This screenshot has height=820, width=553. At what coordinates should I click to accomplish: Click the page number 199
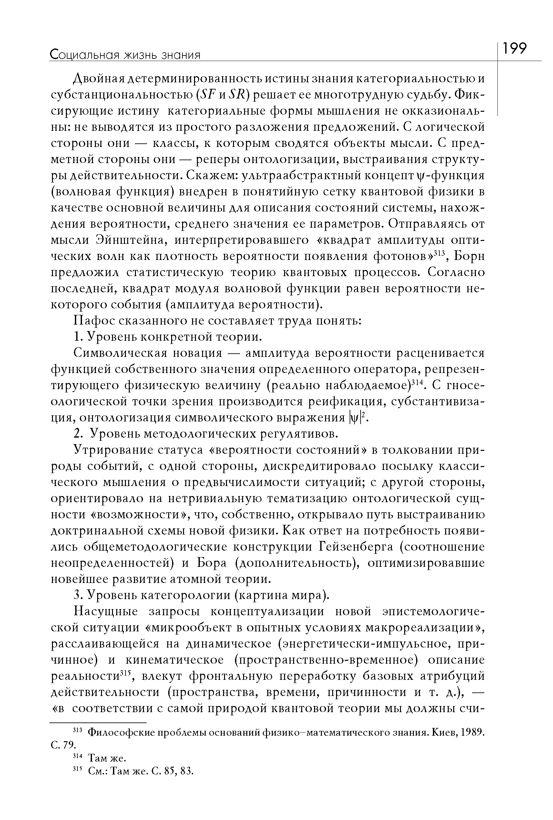tap(514, 48)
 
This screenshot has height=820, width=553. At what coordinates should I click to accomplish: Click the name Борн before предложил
tap(469, 256)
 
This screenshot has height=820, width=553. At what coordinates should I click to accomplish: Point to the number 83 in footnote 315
tap(187, 771)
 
